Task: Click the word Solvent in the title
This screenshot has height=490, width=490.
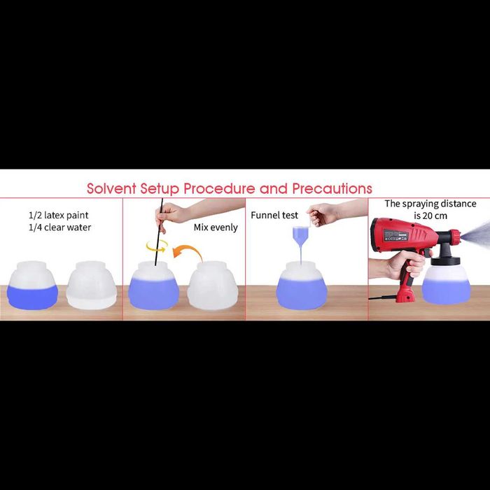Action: pos(111,188)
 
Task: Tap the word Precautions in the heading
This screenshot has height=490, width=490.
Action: pos(332,188)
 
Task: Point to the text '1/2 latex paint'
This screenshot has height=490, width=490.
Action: pos(58,216)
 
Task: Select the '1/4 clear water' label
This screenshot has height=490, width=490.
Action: pos(59,227)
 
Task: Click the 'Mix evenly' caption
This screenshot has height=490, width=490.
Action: pos(216,227)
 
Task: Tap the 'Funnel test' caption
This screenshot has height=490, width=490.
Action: pos(274,216)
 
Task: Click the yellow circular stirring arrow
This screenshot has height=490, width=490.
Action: pos(157,246)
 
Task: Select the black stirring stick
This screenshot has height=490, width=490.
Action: pos(159,232)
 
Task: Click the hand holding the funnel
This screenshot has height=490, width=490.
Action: pos(322,214)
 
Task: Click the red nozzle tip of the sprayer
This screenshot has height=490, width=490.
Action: pos(456,237)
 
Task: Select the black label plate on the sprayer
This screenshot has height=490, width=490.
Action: pos(396,235)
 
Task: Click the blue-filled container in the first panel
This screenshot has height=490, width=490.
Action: pos(32,286)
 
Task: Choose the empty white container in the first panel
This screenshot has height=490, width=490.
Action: pos(91,286)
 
